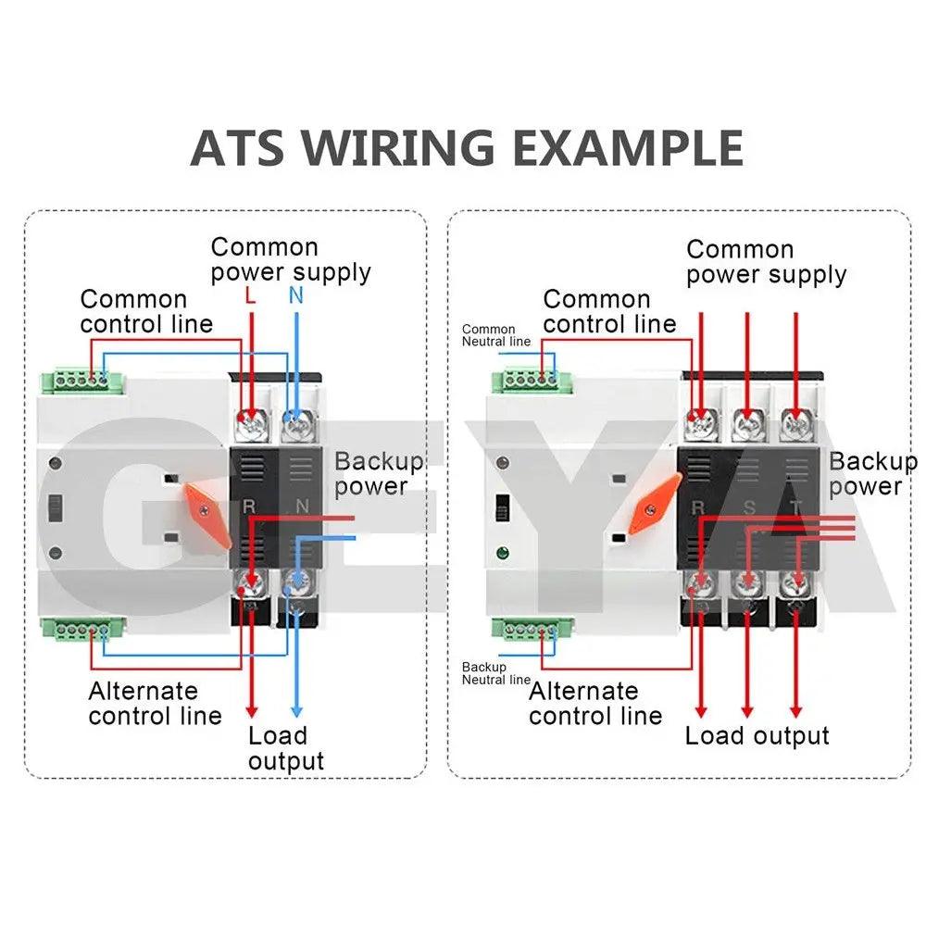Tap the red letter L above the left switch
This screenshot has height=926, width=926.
(251, 297)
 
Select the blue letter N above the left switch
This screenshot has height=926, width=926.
(296, 296)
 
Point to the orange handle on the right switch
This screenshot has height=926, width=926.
(655, 501)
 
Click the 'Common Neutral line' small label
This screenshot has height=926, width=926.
(495, 335)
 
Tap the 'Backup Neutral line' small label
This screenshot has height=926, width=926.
(495, 673)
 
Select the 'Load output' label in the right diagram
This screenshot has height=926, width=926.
(757, 736)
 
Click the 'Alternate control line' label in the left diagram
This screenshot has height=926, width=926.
(156, 704)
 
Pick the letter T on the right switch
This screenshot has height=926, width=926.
(795, 507)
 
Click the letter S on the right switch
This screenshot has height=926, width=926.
(747, 507)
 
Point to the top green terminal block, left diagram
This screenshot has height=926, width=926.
(80, 378)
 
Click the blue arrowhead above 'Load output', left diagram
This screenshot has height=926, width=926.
(296, 710)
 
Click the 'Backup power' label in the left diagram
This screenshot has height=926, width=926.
(378, 473)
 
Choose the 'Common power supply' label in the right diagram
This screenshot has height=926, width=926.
(766, 262)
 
